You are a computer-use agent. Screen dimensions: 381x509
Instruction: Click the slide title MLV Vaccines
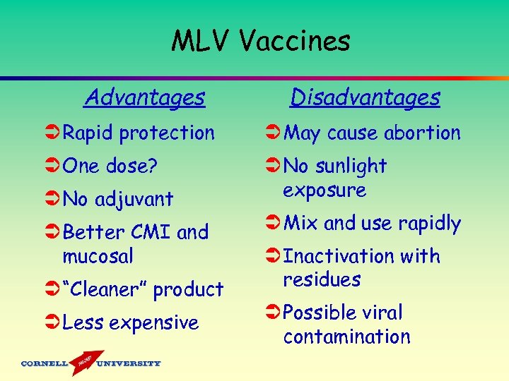click(x=260, y=42)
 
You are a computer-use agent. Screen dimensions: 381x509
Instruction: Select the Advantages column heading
click(x=144, y=97)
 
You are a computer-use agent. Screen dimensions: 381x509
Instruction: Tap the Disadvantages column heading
click(x=365, y=97)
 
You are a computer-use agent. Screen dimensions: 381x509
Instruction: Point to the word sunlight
click(x=350, y=167)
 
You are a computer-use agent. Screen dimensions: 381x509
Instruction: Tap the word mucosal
click(x=98, y=256)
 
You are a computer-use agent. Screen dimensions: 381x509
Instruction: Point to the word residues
click(x=322, y=279)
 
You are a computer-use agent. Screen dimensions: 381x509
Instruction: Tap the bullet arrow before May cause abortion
click(x=273, y=133)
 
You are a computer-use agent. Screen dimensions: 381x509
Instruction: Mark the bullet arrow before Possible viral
click(x=273, y=313)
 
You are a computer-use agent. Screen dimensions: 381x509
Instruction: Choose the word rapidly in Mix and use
click(x=430, y=224)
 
